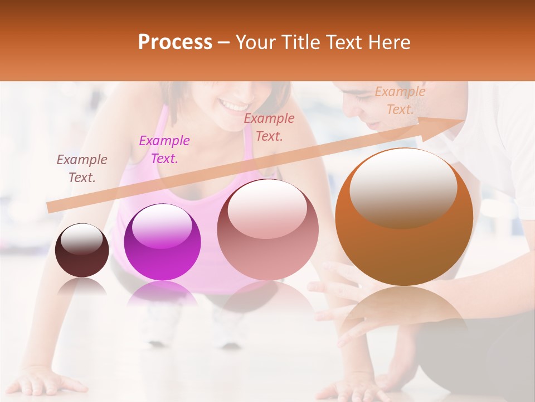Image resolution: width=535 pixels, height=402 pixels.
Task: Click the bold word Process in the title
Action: point(175,42)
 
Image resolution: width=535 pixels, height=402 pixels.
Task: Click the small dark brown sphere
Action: point(82,250)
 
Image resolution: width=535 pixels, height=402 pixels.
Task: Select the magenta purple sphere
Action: point(162,242)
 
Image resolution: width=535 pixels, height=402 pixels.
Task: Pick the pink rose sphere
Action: point(267,229)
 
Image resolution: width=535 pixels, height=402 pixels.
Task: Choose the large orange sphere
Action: point(404,217)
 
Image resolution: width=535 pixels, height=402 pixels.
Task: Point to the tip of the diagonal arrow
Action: point(464,120)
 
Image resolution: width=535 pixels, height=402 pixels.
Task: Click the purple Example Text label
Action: point(164,150)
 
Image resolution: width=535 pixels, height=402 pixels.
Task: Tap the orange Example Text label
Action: point(400,100)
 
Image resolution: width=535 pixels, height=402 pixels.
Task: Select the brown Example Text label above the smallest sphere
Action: point(82,168)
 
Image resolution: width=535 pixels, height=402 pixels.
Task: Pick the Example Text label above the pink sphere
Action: point(269,127)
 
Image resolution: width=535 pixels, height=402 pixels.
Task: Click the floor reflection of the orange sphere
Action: point(404,310)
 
